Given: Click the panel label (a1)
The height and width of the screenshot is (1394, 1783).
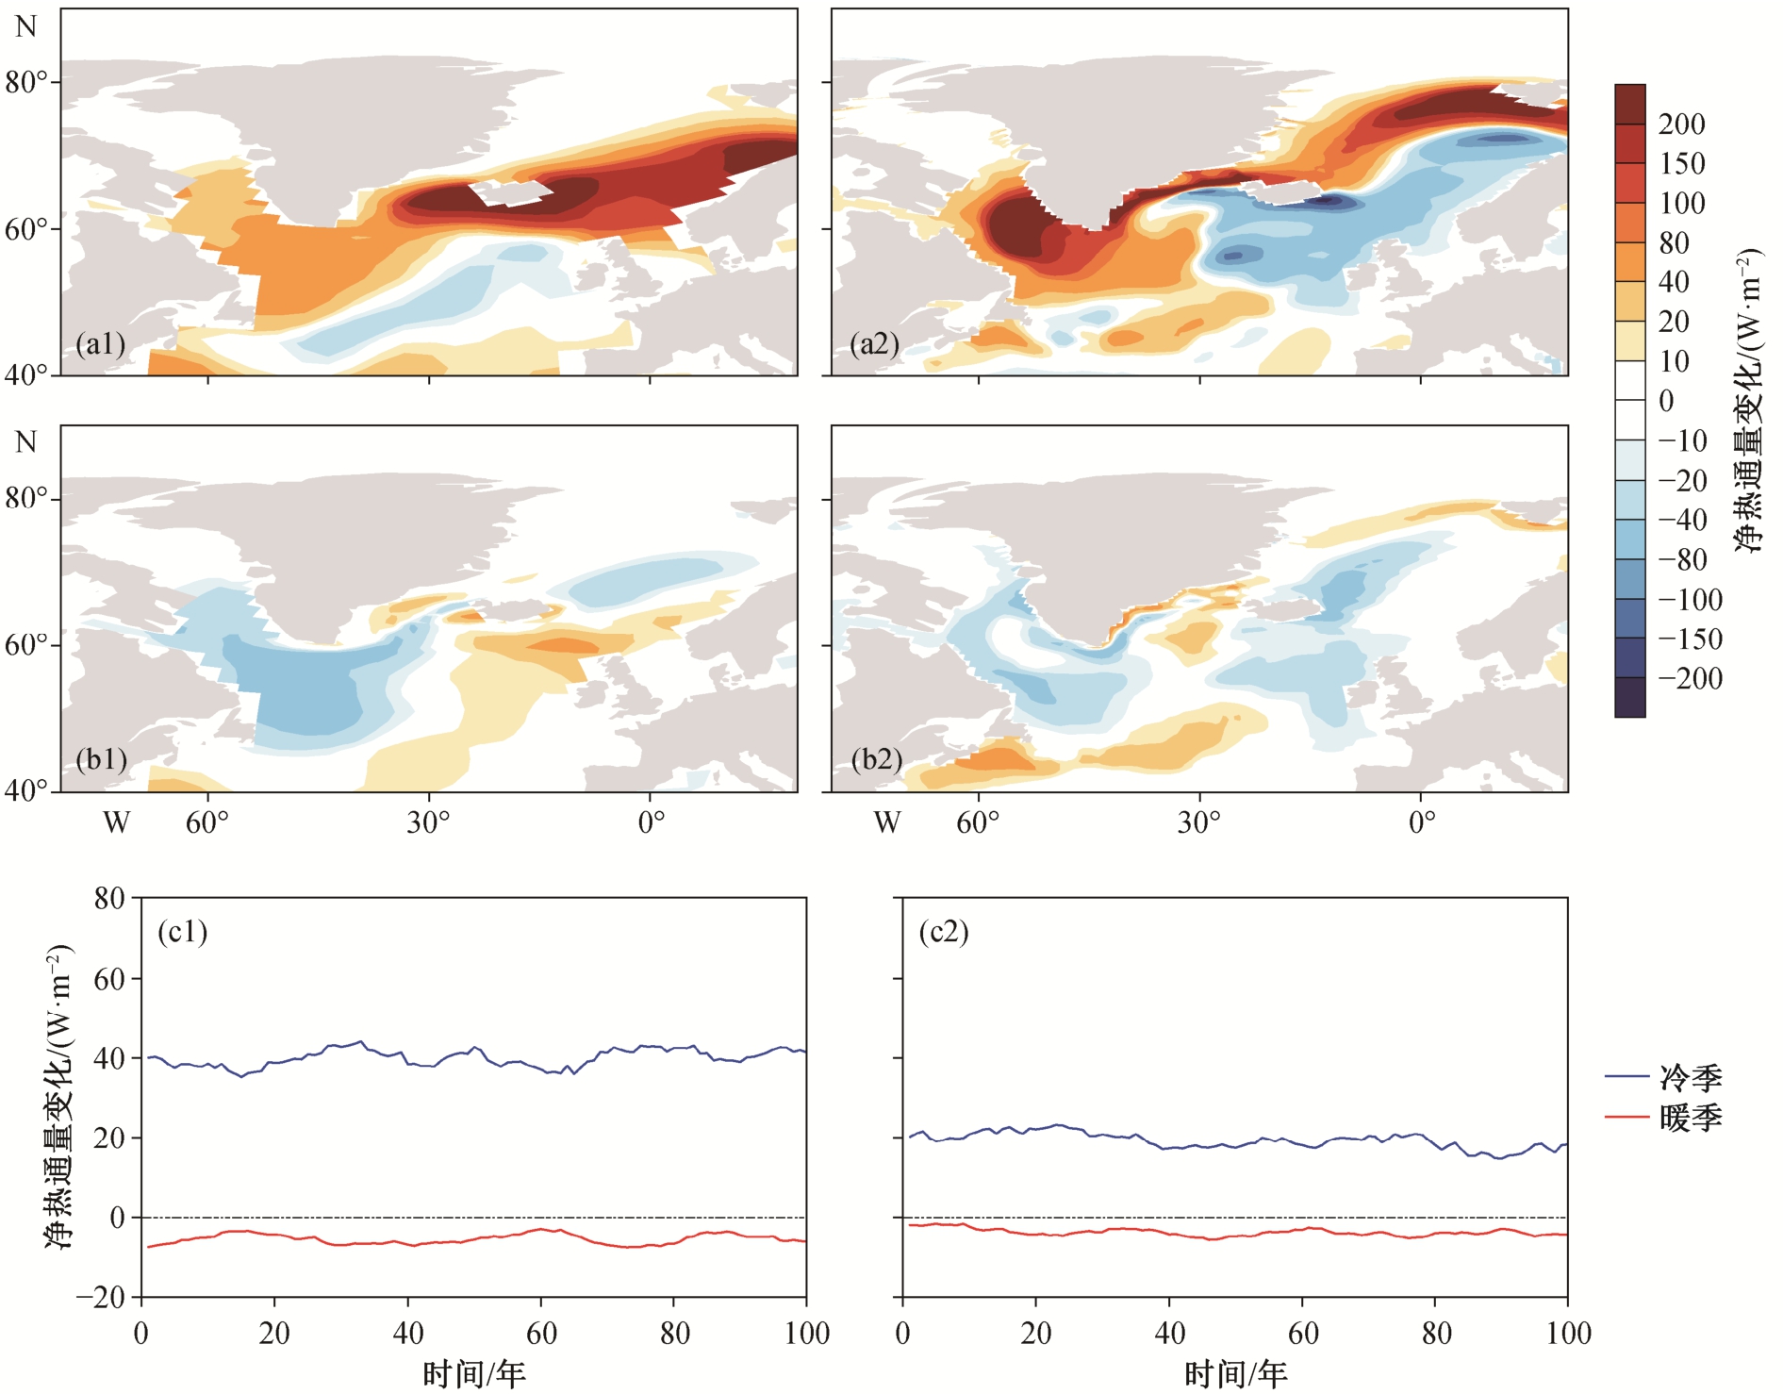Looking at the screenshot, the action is click(x=101, y=343).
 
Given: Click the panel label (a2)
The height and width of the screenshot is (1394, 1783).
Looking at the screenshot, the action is click(x=874, y=343).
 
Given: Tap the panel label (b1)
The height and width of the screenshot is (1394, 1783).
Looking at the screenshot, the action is click(x=102, y=759).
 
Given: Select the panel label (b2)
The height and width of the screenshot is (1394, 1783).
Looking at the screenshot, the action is click(x=876, y=759).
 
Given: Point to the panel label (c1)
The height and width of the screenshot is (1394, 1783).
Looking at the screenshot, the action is click(x=182, y=932).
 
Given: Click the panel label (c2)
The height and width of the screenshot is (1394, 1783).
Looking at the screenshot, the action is click(x=944, y=932).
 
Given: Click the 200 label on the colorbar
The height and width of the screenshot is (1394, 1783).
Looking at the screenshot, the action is click(x=1682, y=124).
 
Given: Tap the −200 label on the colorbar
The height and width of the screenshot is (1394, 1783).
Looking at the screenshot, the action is click(x=1691, y=678).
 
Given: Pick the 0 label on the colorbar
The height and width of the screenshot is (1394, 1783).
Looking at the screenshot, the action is click(x=1667, y=401).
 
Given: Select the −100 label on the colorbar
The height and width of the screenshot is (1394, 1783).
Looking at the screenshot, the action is click(x=1691, y=599).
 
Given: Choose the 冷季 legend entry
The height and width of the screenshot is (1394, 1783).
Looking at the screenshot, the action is click(x=1663, y=1077).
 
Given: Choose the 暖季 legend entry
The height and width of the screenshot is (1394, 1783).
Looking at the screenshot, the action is click(x=1663, y=1118).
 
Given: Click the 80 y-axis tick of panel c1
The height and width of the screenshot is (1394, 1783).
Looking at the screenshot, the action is click(x=109, y=898).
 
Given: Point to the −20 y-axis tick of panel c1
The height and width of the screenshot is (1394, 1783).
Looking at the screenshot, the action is click(x=101, y=1297).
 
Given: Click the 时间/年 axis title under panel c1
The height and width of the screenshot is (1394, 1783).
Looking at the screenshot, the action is click(x=473, y=1374).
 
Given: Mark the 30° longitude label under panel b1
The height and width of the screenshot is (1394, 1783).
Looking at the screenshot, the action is click(x=428, y=822).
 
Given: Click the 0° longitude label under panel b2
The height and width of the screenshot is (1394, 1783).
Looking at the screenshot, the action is click(x=1422, y=822).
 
